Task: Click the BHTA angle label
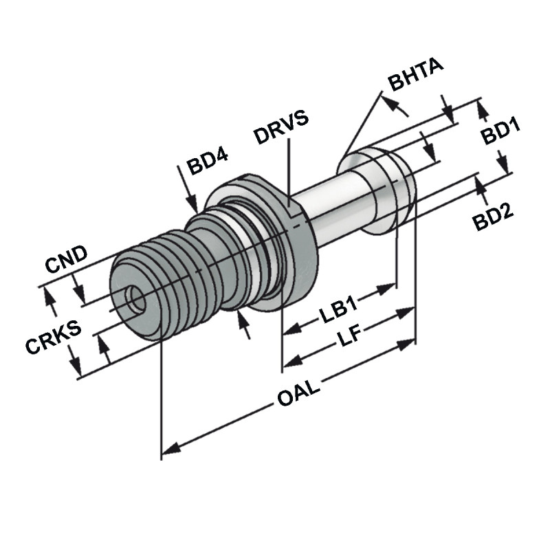pos(417,76)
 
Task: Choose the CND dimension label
pos(66,255)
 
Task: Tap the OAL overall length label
pos(298,399)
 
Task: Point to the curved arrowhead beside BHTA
pos(395,102)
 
